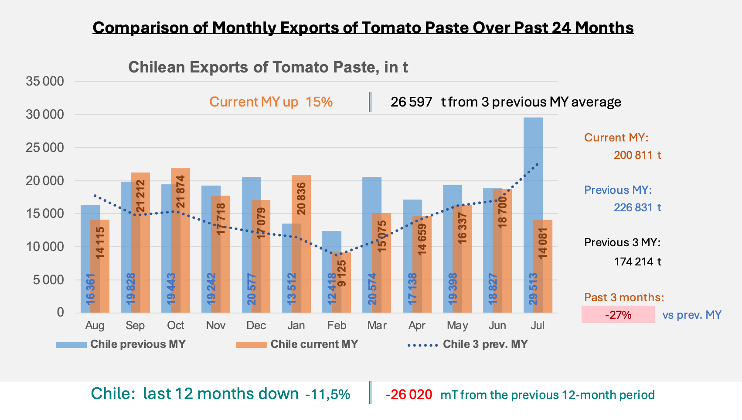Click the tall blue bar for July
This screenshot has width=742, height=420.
[533, 215]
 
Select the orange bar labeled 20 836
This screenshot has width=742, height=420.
[301, 244]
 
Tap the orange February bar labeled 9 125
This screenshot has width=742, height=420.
[341, 282]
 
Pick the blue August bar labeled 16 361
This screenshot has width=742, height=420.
[90, 259]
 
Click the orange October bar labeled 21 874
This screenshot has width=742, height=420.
[180, 241]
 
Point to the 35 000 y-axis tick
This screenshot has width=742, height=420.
[45, 81]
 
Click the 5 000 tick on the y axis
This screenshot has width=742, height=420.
[48, 280]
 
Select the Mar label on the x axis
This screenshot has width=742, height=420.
[377, 325]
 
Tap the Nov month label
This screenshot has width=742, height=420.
[216, 325]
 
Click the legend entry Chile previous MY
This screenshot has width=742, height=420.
[121, 344]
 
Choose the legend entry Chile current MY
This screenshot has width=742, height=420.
[297, 344]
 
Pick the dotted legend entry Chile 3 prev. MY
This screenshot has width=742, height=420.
[468, 344]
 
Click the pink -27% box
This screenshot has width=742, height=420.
[618, 314]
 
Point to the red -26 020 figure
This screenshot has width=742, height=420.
[409, 395]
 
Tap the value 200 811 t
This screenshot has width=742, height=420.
[637, 155]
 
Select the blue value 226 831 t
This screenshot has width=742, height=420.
[637, 208]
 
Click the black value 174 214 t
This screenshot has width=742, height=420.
[637, 262]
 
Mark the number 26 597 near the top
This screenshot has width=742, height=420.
[412, 102]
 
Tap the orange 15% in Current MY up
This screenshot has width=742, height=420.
[319, 102]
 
